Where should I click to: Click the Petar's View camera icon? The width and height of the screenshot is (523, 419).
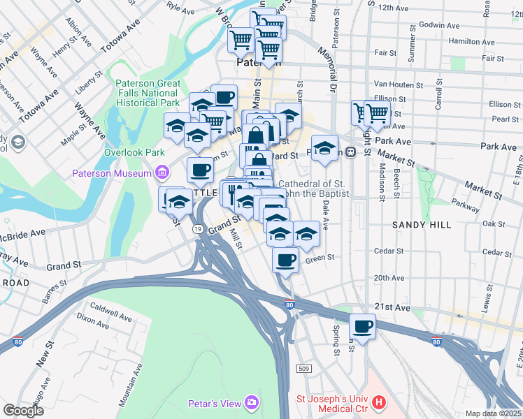[252, 402]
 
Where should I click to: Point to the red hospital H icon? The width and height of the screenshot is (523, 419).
[378, 402]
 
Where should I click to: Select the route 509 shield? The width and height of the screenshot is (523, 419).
[303, 368]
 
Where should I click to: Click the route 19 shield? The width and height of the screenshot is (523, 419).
[199, 229]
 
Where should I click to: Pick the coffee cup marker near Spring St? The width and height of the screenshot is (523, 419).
[363, 325]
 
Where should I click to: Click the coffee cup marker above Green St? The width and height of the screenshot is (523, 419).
[285, 260]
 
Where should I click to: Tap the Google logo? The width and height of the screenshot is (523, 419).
[23, 411]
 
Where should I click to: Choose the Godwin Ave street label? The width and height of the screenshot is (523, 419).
[440, 25]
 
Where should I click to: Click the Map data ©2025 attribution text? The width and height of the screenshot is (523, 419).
[494, 413]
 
